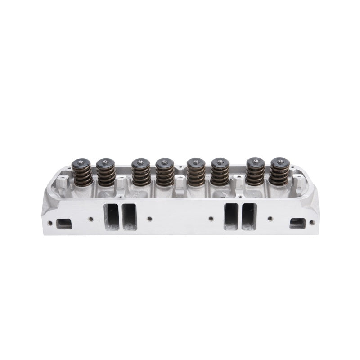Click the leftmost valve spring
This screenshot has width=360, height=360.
[83, 172]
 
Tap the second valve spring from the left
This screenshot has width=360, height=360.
[106, 174]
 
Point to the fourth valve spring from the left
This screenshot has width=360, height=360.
[165, 174]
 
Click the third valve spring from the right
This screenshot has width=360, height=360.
[220, 174]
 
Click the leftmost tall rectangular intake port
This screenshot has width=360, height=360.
[112, 217]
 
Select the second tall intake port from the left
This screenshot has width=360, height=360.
[129, 217]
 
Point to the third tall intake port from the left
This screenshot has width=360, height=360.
[231, 217]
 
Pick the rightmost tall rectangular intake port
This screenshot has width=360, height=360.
[248, 217]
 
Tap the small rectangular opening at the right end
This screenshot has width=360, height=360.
[298, 224]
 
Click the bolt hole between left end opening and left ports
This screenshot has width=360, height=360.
[91, 219]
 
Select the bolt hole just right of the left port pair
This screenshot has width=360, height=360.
[149, 219]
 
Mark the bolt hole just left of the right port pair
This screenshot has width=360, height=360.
[211, 219]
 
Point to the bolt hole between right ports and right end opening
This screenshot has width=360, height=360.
[270, 219]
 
